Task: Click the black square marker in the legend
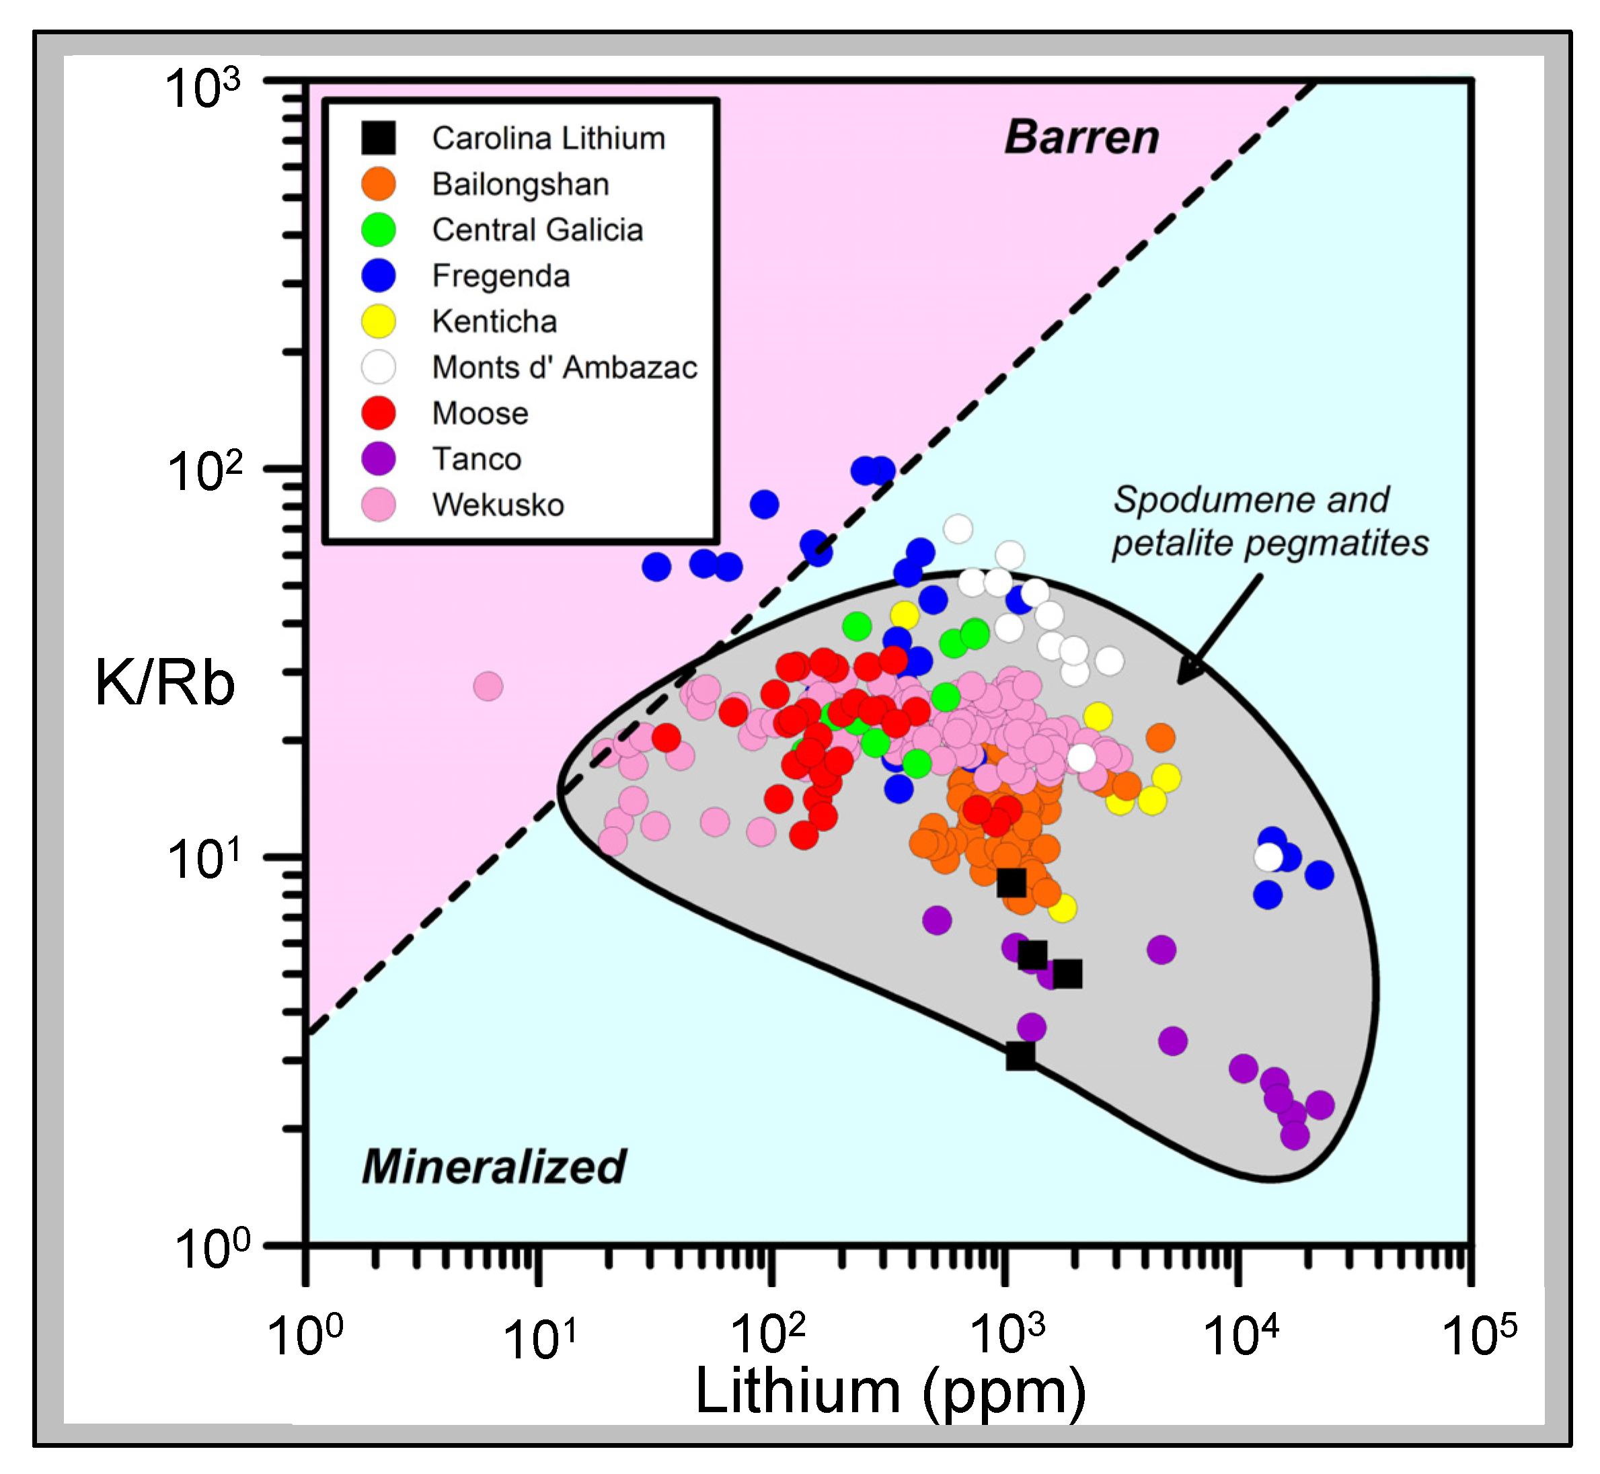378,138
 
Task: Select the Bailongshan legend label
521,184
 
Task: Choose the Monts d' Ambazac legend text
564,367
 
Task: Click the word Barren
1081,137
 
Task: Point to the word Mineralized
494,1167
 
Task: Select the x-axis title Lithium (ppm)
890,1390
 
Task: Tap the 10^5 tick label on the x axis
1479,1336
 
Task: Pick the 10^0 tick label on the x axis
304,1336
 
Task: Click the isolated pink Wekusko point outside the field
488,686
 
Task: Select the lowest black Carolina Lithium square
1020,1056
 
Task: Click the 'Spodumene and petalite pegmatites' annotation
1269,522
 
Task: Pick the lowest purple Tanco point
1295,1135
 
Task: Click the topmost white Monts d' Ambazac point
958,528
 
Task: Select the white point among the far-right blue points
1268,858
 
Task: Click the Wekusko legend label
498,505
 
